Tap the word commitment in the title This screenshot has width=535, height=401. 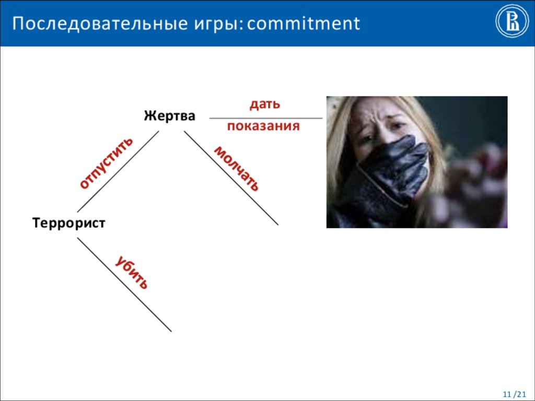coord(304,23)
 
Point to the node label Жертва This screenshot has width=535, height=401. coord(170,115)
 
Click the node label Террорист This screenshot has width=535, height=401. coord(69,223)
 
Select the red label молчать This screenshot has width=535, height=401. coord(236,168)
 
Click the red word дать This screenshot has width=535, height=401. coord(265,104)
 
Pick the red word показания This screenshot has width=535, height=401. coord(263,126)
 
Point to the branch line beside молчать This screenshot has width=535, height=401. coord(230,178)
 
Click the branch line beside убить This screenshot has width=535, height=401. coord(124,285)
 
